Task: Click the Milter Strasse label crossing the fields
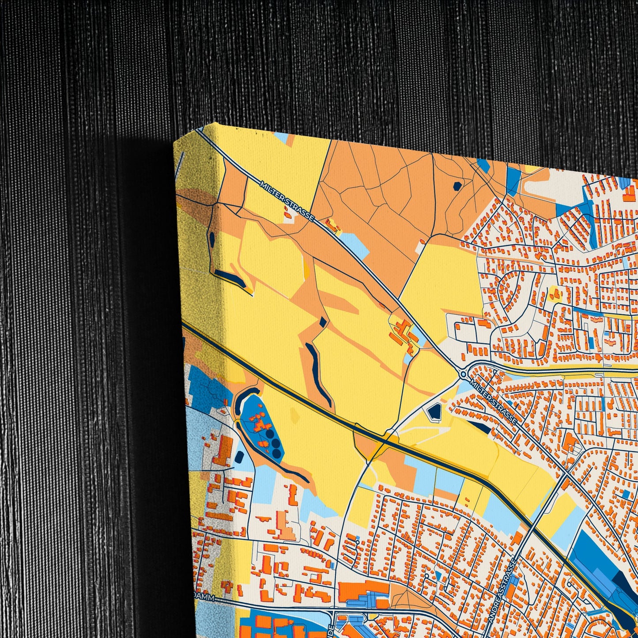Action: pos(287,201)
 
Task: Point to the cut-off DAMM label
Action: pos(205,598)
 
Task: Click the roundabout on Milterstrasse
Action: pos(463,374)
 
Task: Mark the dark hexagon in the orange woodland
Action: pos(457,186)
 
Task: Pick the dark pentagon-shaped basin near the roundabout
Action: pos(434,412)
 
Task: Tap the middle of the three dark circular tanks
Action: pos(276,443)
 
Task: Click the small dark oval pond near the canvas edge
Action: pos(212,239)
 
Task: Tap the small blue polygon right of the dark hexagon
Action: pos(484,166)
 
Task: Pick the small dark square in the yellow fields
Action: pos(324,322)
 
